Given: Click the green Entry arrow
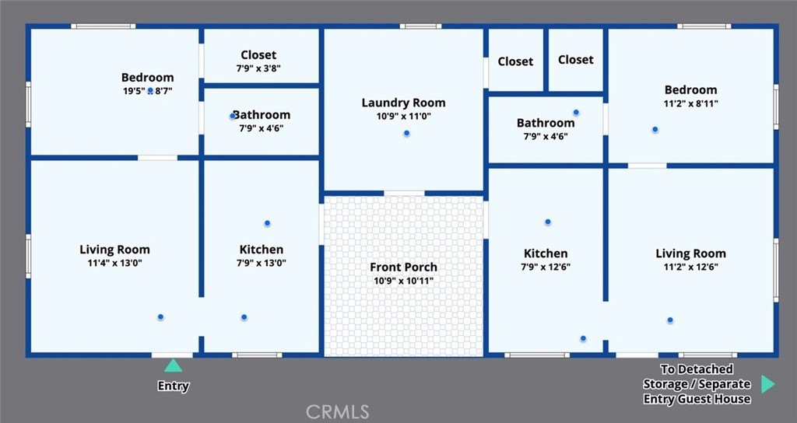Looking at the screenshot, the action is tap(173, 365).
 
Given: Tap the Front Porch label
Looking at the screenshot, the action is tap(404, 267).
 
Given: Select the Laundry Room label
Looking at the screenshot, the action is tap(404, 103).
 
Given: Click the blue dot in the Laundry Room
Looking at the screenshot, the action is tap(406, 134).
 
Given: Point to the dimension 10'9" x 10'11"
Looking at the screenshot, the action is tap(404, 281).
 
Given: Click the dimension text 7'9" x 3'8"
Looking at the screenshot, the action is tap(258, 68).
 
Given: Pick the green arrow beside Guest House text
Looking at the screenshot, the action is tap(768, 384).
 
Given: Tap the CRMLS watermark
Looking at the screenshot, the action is tap(338, 411).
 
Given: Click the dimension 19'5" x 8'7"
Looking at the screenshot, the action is tap(147, 92).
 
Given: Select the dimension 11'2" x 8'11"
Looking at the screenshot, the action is tap(691, 103).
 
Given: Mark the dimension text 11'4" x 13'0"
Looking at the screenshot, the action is tap(115, 263).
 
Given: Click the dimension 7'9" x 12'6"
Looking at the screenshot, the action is tap(546, 267).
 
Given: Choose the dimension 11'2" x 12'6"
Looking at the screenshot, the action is tap(690, 267).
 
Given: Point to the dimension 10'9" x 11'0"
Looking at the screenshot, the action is tap(404, 117).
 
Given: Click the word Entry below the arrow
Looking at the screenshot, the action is tap(173, 386).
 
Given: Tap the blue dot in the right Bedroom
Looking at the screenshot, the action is tap(655, 130).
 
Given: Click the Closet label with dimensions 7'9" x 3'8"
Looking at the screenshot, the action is tap(258, 55).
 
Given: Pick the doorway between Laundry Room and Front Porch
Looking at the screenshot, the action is tap(404, 193).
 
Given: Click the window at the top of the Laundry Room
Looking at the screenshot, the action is tap(420, 26).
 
